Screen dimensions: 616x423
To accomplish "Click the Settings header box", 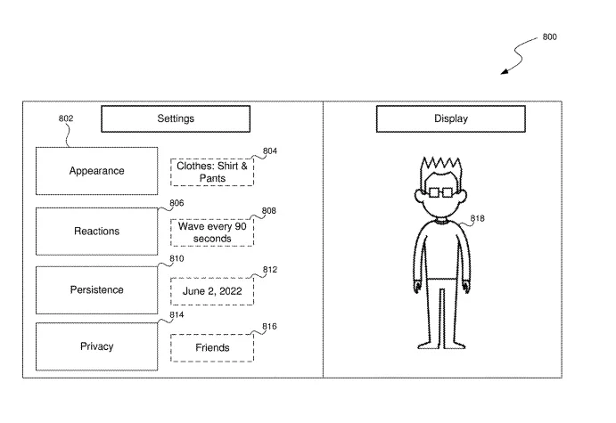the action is click(176, 118).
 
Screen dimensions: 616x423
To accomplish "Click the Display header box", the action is click(450, 118).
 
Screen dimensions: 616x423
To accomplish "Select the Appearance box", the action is click(96, 171).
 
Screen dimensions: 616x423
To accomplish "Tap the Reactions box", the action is click(96, 232).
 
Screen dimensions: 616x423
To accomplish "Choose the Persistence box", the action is click(96, 290).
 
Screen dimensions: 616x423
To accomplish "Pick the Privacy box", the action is click(96, 346).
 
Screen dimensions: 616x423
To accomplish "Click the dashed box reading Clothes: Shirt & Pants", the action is click(212, 172).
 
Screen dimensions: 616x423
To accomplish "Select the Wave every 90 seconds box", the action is click(212, 232).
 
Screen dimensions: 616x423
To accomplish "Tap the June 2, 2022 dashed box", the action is click(212, 291).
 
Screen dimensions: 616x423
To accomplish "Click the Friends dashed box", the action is click(212, 347).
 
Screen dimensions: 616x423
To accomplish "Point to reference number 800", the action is click(550, 37).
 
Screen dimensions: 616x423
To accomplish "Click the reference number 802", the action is click(66, 118).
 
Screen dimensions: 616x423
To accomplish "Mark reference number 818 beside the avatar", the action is click(477, 218).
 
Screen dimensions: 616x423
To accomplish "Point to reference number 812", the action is click(270, 270).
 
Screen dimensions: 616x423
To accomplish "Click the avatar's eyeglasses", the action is click(440, 192).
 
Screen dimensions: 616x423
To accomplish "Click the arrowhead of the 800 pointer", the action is click(505, 71).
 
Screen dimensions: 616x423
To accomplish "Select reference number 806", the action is click(177, 203).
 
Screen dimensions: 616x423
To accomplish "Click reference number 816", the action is click(269, 327).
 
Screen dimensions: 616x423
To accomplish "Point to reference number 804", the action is click(270, 151).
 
